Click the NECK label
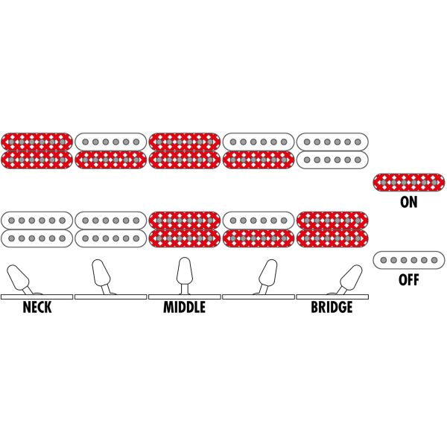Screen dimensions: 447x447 37,308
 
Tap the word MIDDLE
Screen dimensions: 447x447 184,308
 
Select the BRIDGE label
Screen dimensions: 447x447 332,308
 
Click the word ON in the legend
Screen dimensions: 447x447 409,201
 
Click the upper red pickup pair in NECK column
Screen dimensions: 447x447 37,150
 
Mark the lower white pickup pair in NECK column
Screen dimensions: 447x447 37,229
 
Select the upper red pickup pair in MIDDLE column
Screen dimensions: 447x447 184,150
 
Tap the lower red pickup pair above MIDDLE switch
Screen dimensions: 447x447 184,229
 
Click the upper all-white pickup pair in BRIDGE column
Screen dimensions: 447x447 332,150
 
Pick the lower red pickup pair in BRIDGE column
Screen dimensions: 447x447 332,229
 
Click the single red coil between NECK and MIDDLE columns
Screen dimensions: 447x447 111,159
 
